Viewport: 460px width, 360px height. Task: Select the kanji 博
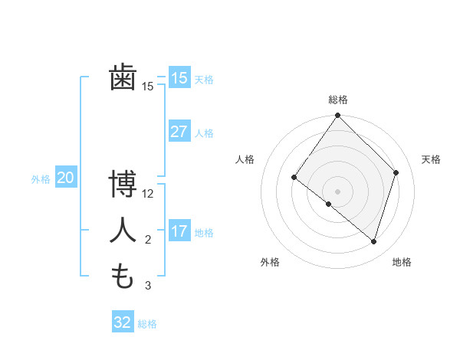click(123, 183)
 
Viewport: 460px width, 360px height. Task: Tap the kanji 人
click(123, 230)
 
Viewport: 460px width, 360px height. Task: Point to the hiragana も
click(123, 276)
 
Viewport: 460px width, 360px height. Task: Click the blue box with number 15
click(179, 78)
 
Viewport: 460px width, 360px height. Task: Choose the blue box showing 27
click(179, 132)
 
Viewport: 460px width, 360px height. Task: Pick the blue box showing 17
click(179, 231)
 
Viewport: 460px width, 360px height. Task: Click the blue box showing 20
click(65, 178)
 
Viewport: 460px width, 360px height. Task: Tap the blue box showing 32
click(123, 322)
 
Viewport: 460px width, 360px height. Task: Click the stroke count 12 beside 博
click(148, 194)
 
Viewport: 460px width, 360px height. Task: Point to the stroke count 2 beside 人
click(148, 240)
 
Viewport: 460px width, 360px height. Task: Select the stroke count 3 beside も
click(148, 286)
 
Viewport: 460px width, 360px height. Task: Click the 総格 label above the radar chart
click(338, 100)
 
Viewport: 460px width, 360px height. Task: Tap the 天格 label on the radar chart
click(431, 159)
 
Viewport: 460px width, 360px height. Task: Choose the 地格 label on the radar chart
click(402, 262)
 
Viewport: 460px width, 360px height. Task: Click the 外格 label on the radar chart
click(270, 262)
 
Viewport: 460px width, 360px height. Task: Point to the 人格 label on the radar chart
click(245, 159)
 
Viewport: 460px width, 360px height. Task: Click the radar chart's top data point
click(338, 116)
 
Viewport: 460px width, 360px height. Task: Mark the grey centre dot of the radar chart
click(338, 191)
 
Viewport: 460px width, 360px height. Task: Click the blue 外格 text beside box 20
click(41, 179)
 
